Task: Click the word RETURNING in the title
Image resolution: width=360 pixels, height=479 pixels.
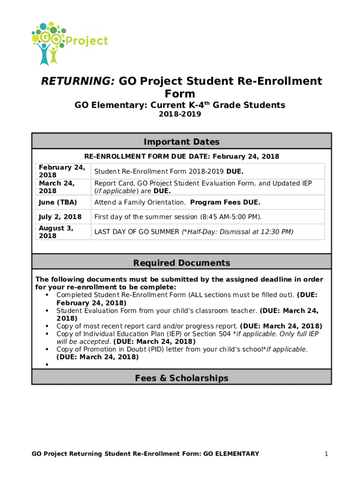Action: click(x=78, y=81)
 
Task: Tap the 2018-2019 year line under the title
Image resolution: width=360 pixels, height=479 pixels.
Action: click(x=180, y=114)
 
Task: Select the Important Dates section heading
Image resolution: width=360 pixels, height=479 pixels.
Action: click(x=181, y=142)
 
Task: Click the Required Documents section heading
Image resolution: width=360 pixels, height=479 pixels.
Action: click(x=181, y=262)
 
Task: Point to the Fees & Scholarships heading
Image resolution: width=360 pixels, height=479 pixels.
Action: click(x=181, y=377)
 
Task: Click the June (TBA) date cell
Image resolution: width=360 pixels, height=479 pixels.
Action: click(x=58, y=202)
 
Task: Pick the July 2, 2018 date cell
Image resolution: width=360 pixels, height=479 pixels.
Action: click(x=60, y=217)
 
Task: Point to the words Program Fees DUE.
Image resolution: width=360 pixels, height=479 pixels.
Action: click(x=225, y=202)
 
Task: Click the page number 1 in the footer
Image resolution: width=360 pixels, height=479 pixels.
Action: click(x=327, y=453)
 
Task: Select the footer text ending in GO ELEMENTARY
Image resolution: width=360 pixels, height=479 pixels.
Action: click(x=145, y=453)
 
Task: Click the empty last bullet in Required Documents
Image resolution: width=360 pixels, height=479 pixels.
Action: click(x=48, y=364)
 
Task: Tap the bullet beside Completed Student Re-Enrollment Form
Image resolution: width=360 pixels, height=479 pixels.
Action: click(x=48, y=295)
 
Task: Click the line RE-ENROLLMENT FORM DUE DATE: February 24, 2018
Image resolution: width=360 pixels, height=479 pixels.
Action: click(x=181, y=156)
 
